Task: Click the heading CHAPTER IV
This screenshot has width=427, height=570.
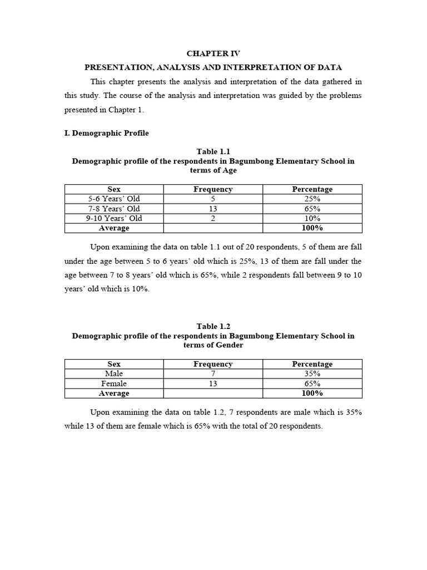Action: coord(213,53)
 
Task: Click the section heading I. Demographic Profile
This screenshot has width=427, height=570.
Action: coord(106,133)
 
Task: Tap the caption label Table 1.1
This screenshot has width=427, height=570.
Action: coord(213,151)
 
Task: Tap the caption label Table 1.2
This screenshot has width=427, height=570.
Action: coord(213,326)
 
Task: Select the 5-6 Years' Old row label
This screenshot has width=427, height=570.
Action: coord(114,199)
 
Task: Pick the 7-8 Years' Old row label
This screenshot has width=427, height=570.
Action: coord(114,209)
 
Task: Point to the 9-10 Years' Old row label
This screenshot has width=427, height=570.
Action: coord(114,218)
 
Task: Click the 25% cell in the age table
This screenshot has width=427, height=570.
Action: coord(312,199)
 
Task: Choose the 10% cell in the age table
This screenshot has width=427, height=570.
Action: coord(312,218)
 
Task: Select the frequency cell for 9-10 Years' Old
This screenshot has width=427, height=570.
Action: coord(213,218)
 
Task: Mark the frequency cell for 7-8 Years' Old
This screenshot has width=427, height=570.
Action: coord(213,209)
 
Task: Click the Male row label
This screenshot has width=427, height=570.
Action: coord(114,374)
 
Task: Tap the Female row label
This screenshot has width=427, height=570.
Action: coord(114,384)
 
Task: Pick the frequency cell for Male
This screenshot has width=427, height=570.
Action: coord(213,374)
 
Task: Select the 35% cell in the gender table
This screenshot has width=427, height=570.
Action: coord(312,374)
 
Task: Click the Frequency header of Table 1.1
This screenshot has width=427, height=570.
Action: coord(213,189)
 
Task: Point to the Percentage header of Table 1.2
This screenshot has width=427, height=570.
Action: coord(312,364)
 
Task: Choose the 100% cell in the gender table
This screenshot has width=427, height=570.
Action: coord(312,393)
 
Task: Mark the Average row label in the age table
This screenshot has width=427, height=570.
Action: coord(114,228)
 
